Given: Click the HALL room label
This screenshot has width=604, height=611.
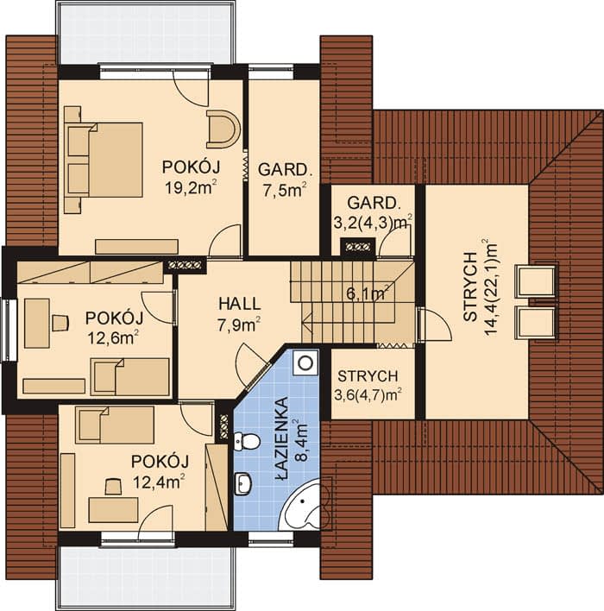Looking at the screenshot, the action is (x=239, y=304).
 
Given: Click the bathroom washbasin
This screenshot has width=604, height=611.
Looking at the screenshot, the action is (x=242, y=484).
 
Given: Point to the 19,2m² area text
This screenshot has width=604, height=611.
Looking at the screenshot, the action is (x=191, y=187).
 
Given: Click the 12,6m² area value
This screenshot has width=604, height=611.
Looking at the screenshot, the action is (x=113, y=337).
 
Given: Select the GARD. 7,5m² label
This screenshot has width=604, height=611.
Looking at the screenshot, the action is (x=284, y=180).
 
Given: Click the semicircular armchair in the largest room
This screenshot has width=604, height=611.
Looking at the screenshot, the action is (x=223, y=129).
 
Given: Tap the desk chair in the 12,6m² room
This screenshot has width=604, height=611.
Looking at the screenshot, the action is (x=60, y=323).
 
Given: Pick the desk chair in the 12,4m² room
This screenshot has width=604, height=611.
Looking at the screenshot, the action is (x=113, y=487).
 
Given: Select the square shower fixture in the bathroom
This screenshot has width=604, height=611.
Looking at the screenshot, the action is (x=306, y=362).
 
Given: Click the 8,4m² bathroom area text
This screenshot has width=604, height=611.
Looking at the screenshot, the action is (x=302, y=440).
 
